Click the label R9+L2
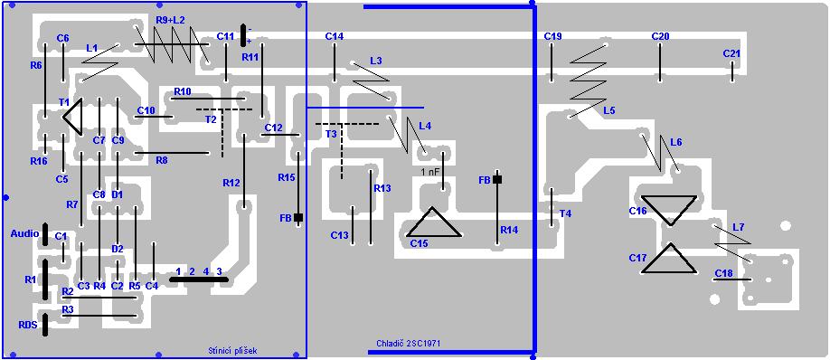tap(171, 20)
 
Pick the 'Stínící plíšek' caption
tap(233, 350)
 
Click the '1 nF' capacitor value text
tap(429, 172)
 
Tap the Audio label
tap(25, 233)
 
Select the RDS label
tap(28, 325)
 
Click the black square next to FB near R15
tap(298, 217)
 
